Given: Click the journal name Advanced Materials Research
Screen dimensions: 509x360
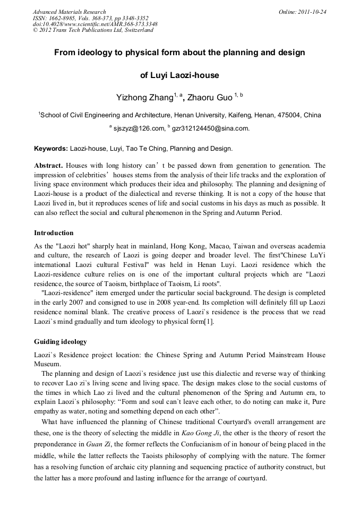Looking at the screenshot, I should pos(69,12).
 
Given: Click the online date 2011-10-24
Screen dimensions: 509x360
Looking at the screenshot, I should pos(313,12).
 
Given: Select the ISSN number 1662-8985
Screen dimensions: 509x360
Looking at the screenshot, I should pos(62,18).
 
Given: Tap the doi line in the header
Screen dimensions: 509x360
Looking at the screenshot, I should pos(95,24).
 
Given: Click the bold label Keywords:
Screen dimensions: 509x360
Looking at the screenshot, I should pos(51,149).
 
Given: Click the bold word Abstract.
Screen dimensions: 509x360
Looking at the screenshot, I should pos(49,166).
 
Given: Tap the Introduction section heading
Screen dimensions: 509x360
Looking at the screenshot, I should pos(54,233).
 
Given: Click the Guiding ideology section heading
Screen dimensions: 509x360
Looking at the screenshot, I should pos(61,341).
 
